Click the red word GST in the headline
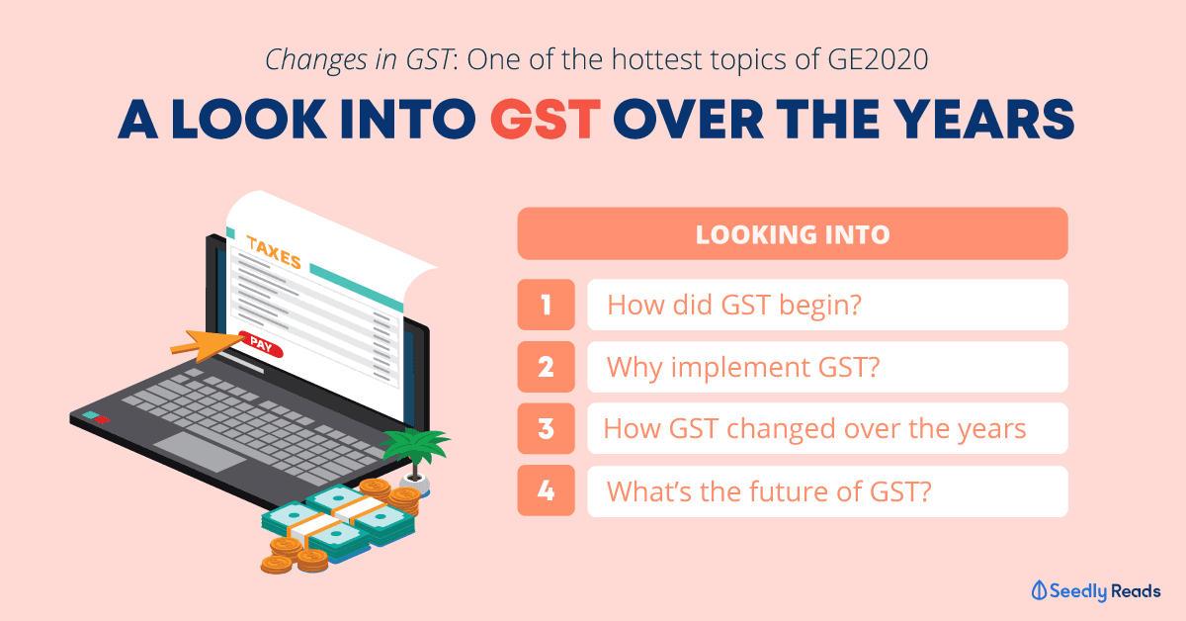point(546,120)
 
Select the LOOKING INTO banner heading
point(793,234)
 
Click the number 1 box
point(546,305)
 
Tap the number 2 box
point(546,367)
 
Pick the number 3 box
point(546,428)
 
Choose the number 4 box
point(546,490)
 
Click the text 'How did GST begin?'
point(734,306)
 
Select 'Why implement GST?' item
point(743,368)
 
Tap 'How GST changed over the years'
point(814,429)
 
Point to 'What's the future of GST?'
point(769,491)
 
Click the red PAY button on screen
point(261,344)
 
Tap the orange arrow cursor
point(207,345)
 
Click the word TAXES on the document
point(274,252)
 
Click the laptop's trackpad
point(200,452)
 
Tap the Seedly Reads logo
point(1096,590)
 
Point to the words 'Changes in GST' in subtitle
point(360,60)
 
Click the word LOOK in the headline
point(249,120)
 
